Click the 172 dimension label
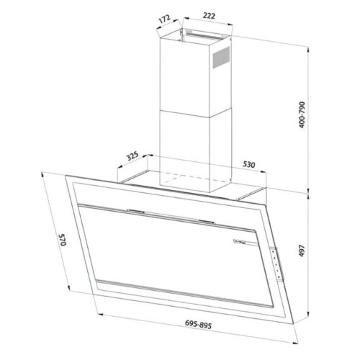[165, 19]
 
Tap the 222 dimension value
[209, 16]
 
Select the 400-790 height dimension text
[302, 114]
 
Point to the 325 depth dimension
[132, 156]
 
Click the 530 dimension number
[249, 164]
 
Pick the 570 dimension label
[63, 239]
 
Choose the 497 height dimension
[302, 251]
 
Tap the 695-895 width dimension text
[198, 325]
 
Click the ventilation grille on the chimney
[221, 58]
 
